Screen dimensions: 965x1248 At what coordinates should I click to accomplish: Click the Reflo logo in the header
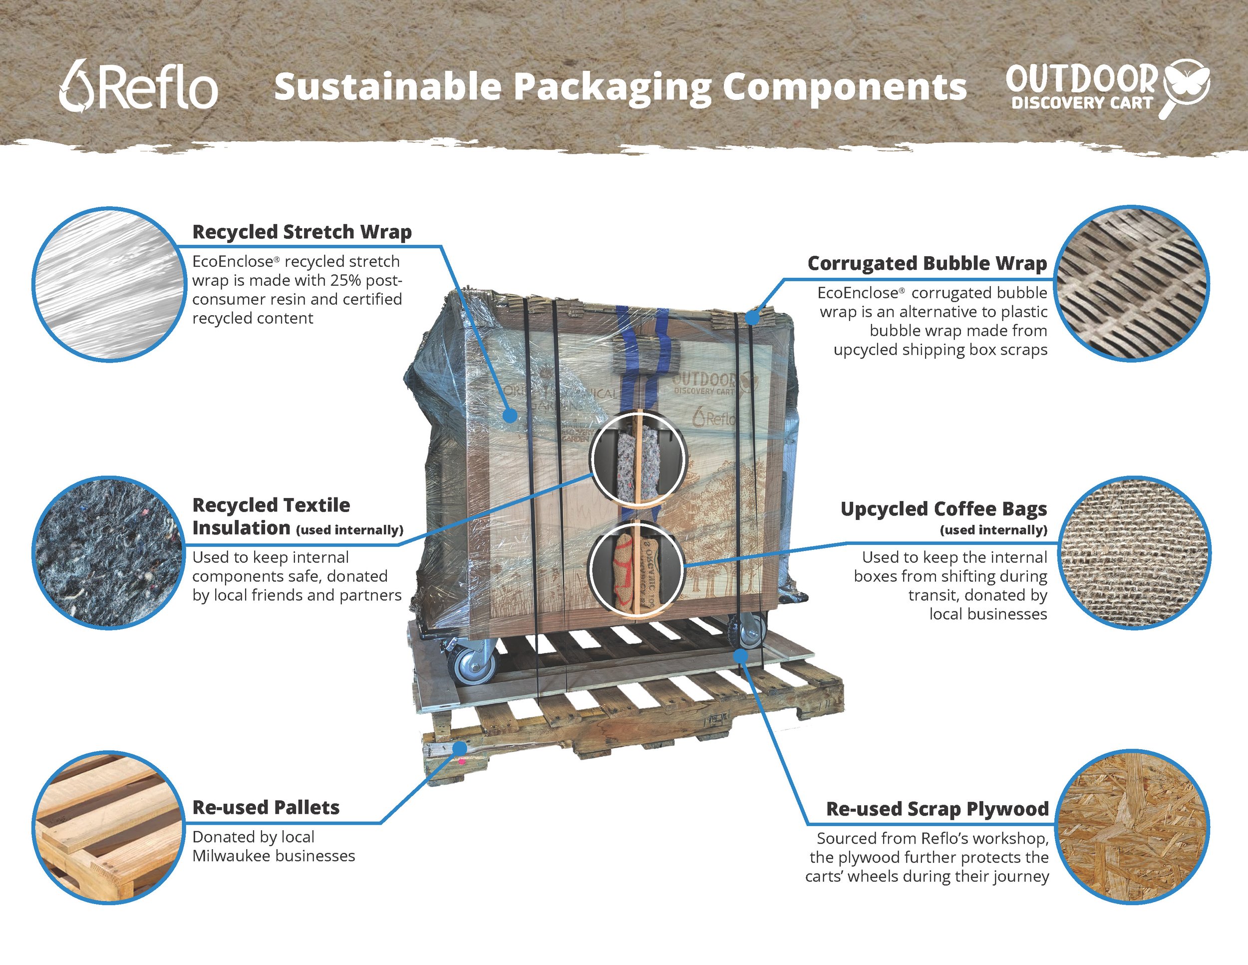(138, 86)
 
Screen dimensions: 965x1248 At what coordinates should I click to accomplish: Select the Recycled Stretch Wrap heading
(302, 232)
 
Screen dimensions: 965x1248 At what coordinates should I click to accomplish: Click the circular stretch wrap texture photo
(108, 284)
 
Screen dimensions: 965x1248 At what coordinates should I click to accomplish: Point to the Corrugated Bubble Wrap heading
(927, 264)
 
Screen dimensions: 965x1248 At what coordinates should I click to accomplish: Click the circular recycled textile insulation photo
(108, 553)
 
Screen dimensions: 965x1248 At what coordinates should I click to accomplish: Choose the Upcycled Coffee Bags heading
(943, 509)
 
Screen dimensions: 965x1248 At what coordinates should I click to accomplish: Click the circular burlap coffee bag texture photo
(1134, 553)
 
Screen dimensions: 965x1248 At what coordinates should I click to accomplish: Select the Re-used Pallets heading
(266, 808)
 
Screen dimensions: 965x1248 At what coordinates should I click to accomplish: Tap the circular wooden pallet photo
(108, 827)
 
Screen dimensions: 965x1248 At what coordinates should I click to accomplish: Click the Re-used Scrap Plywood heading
(937, 809)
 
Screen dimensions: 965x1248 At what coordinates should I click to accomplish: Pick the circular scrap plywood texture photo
(1133, 827)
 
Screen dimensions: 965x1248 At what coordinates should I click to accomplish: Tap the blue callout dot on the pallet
(459, 748)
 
